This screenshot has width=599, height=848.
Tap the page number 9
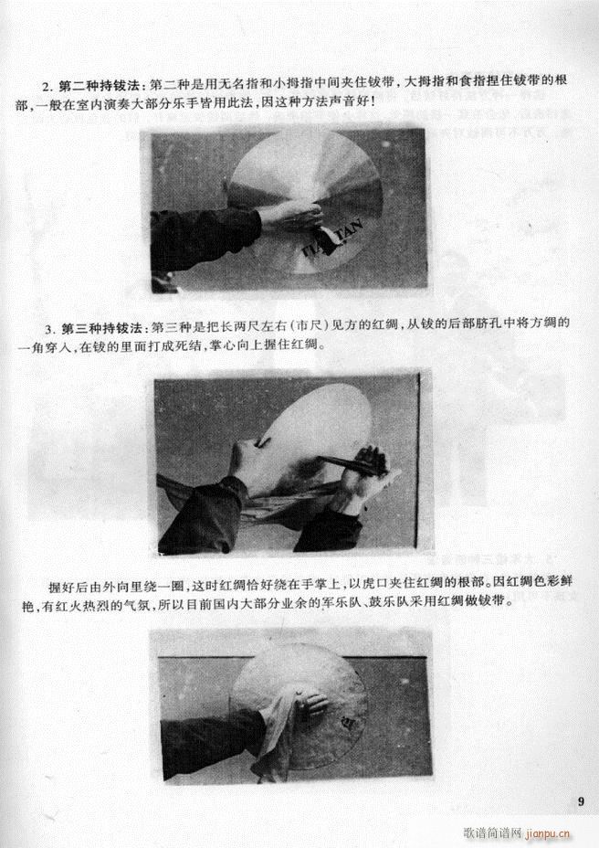coord(581,802)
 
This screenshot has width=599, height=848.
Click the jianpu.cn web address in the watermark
coord(548,833)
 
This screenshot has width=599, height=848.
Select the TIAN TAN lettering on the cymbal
coord(326,237)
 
